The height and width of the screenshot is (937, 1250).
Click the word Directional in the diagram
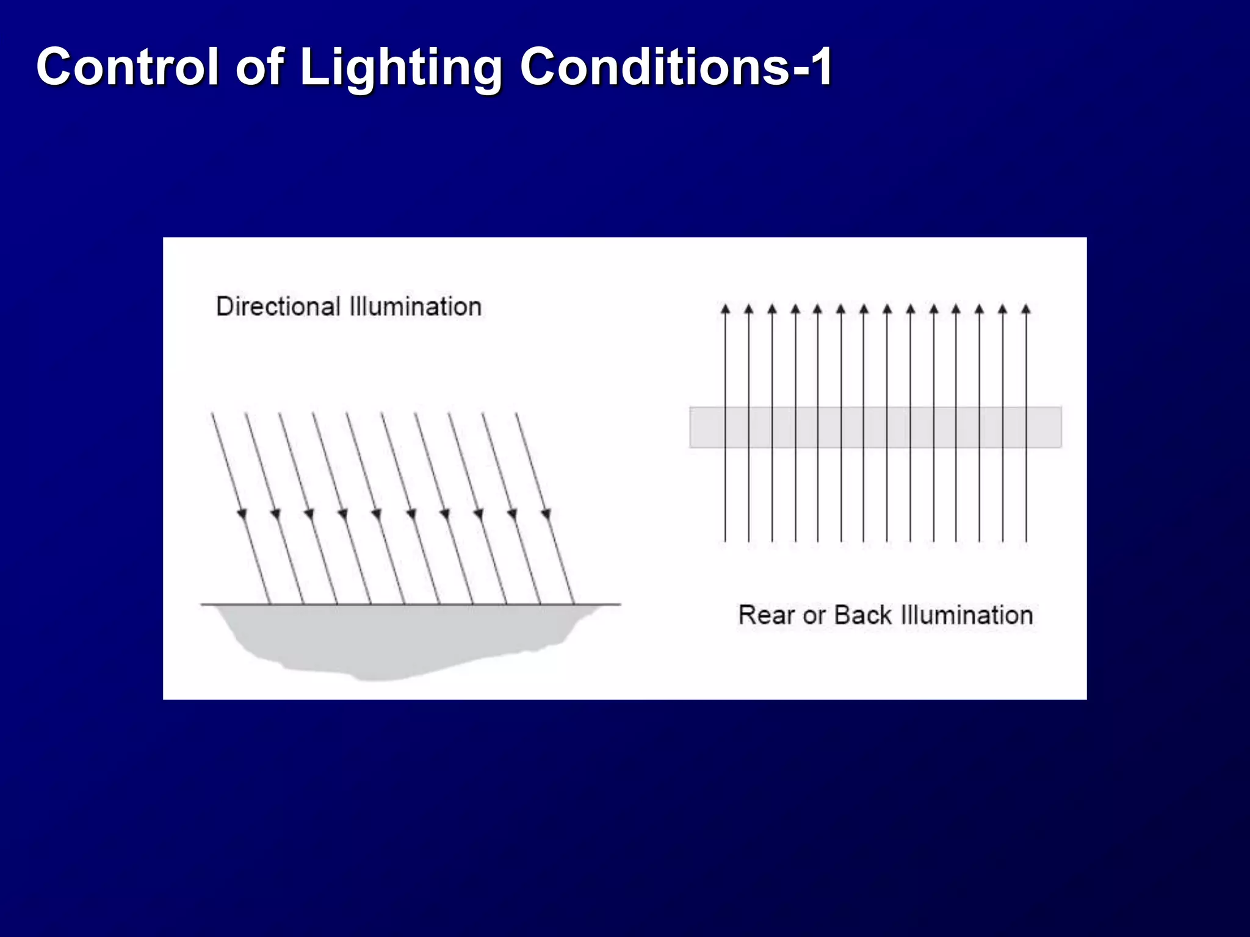coord(278,306)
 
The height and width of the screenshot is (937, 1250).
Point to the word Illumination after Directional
coord(415,306)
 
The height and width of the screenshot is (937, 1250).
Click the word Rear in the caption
coord(767,615)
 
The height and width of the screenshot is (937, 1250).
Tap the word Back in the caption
coord(862,615)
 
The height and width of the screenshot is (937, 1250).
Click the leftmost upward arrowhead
coord(725,309)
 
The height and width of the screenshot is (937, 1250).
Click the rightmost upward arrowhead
coord(1026,309)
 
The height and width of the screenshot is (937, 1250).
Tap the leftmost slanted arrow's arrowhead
coord(242,514)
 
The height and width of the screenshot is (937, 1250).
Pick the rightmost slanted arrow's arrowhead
coord(546,514)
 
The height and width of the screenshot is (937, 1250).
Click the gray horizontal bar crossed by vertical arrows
coord(875,427)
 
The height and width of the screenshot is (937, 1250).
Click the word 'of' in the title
coord(259,66)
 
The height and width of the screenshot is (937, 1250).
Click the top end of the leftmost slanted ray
coord(212,414)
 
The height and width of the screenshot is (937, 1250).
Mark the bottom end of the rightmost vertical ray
coord(1026,540)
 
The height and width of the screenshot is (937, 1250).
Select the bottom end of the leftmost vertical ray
coord(725,540)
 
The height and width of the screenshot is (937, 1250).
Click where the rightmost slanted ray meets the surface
coord(574,604)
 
